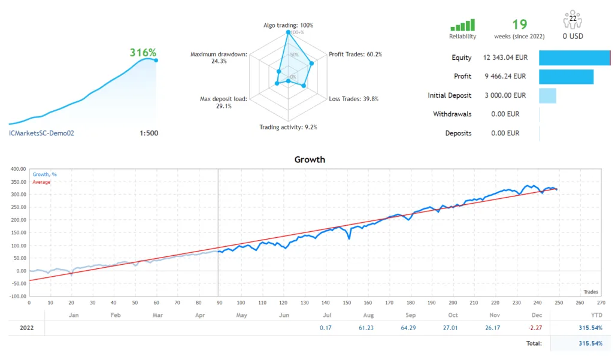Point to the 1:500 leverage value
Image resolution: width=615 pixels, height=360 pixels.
(149, 133)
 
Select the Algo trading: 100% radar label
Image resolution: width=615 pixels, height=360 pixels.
(288, 25)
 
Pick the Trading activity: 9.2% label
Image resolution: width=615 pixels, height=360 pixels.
(288, 127)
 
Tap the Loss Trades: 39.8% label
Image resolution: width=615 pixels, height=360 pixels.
(353, 99)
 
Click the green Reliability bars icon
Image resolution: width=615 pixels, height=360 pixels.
(462, 25)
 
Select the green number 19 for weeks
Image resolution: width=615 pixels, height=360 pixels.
(519, 25)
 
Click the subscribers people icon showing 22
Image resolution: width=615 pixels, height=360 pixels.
(573, 21)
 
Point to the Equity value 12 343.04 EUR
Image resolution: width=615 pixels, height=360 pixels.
(504, 58)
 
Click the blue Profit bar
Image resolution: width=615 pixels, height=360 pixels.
(566, 77)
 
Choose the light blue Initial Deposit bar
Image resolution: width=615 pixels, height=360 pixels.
(547, 95)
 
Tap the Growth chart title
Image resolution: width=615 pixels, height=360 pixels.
(310, 160)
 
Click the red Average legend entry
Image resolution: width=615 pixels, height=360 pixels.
(41, 182)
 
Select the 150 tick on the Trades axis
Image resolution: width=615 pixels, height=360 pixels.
(347, 302)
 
